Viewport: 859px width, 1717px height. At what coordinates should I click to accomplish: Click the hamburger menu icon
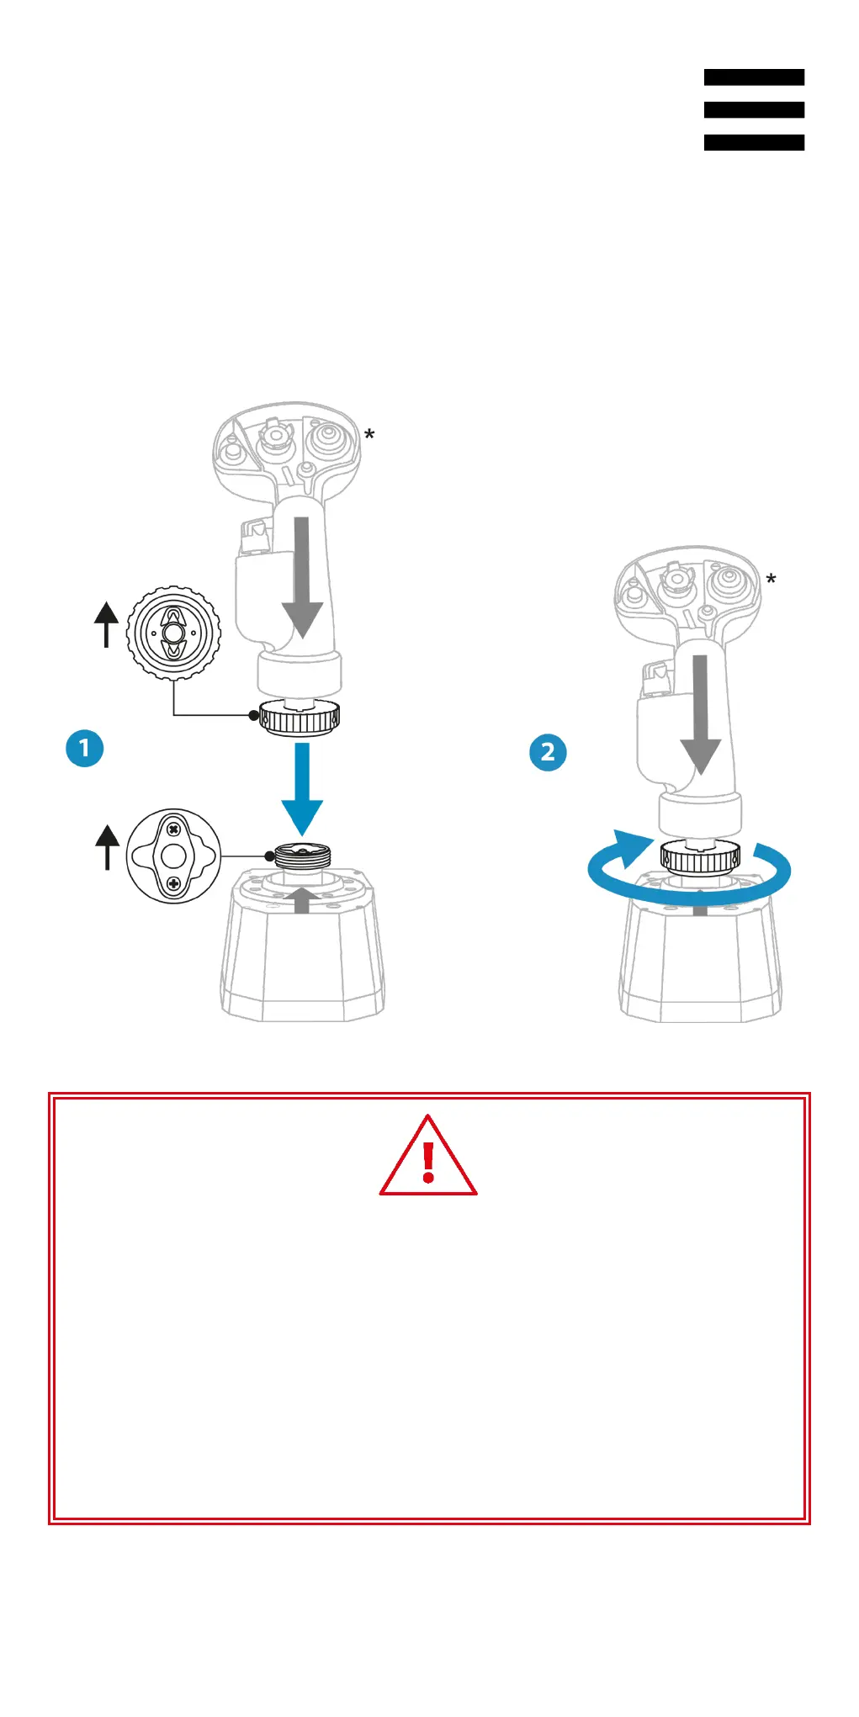point(754,109)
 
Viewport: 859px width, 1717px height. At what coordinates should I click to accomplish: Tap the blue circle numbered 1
point(84,748)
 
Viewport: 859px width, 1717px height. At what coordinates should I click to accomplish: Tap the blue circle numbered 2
point(548,752)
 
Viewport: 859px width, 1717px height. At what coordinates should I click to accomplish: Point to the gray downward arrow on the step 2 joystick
point(700,715)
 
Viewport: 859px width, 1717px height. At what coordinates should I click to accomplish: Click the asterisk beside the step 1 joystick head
point(369,436)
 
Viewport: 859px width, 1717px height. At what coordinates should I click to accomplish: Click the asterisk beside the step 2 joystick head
point(771,580)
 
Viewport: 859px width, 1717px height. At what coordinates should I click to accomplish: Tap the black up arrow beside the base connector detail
point(107,846)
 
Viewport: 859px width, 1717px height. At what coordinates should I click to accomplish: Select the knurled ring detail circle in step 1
point(173,632)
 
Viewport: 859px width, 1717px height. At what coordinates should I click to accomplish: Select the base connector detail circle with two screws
point(173,856)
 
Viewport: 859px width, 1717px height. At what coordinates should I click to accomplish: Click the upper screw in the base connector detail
point(173,829)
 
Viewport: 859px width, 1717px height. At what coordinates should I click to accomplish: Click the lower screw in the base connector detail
point(173,883)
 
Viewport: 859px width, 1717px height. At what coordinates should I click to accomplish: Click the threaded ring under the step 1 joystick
point(300,718)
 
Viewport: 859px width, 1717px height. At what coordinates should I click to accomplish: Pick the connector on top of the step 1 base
point(302,856)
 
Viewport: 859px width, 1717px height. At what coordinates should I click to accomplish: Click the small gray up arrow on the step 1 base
point(302,900)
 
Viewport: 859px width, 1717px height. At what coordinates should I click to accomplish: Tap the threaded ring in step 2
point(700,857)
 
